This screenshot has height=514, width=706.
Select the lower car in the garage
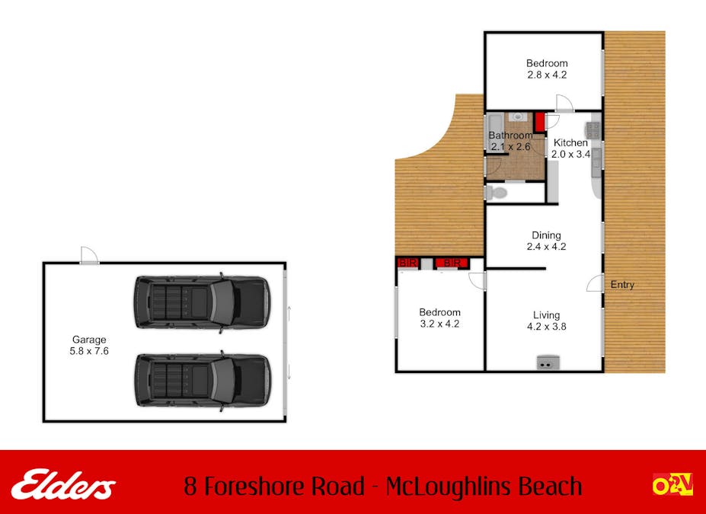pyautogui.click(x=202, y=378)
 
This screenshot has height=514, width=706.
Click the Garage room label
pyautogui.click(x=89, y=340)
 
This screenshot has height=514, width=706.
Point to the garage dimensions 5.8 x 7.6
pyautogui.click(x=89, y=352)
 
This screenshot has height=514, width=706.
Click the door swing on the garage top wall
pyautogui.click(x=89, y=255)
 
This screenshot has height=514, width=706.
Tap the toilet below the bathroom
pyautogui.click(x=497, y=193)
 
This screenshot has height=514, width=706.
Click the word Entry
pyautogui.click(x=622, y=285)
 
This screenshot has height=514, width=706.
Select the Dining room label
pyautogui.click(x=546, y=235)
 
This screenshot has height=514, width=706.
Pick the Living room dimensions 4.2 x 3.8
pyautogui.click(x=546, y=327)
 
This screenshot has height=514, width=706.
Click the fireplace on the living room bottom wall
pyautogui.click(x=546, y=363)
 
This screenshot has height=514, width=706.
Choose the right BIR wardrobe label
pyautogui.click(x=452, y=263)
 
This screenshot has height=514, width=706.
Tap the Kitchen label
pyautogui.click(x=570, y=143)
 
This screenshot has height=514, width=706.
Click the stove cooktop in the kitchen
pyautogui.click(x=593, y=130)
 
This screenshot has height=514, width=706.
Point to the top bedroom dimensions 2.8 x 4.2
pyautogui.click(x=546, y=75)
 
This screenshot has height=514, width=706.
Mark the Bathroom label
pyautogui.click(x=510, y=136)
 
